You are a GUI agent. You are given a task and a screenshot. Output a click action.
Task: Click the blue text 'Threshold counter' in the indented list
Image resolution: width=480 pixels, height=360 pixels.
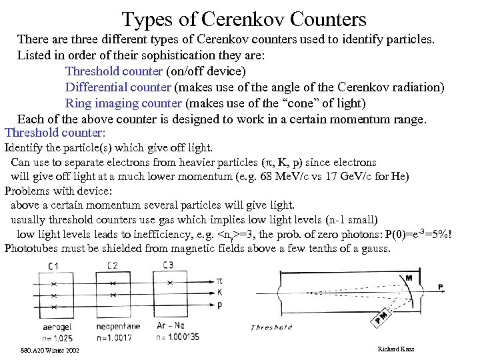pyautogui.click(x=113, y=71)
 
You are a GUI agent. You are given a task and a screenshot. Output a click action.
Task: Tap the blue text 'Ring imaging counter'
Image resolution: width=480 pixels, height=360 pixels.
pyautogui.click(x=123, y=103)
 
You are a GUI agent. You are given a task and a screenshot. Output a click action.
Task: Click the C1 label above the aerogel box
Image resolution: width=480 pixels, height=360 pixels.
pyautogui.click(x=54, y=266)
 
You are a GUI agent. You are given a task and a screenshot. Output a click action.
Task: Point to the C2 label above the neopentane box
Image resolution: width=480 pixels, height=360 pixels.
pyautogui.click(x=112, y=266)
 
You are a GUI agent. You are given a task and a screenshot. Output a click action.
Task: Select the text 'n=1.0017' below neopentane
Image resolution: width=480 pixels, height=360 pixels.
pyautogui.click(x=115, y=338)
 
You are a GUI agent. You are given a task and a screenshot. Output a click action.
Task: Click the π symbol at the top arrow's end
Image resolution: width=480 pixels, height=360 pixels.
pyautogui.click(x=220, y=281)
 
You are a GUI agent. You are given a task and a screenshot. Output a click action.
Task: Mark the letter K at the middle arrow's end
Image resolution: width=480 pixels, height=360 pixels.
pyautogui.click(x=220, y=292)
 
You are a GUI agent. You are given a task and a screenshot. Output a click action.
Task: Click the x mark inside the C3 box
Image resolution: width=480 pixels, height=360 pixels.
pyautogui.click(x=170, y=283)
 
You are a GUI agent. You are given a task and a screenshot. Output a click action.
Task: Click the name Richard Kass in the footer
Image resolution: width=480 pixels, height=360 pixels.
pyautogui.click(x=395, y=349)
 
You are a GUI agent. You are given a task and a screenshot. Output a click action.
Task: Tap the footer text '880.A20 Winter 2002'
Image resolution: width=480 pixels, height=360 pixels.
pyautogui.click(x=50, y=350)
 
